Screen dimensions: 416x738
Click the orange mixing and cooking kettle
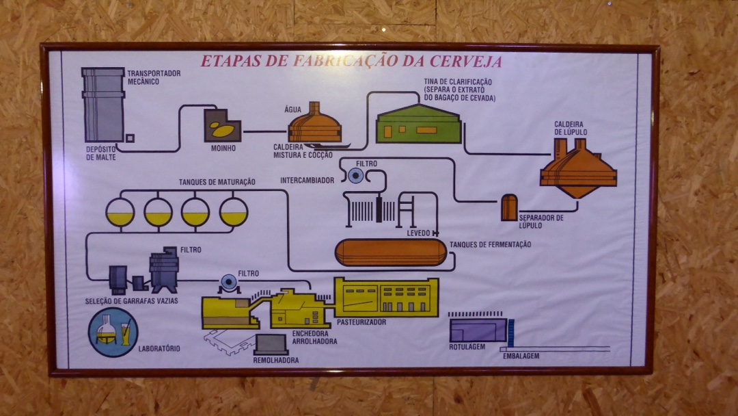tap(315, 126)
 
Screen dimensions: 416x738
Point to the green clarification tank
tap(418, 125)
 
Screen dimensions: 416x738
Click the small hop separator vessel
tap(509, 207)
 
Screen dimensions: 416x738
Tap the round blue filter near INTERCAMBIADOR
tap(355, 177)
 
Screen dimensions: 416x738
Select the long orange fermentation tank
tap(390, 252)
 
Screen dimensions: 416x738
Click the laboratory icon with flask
tap(113, 332)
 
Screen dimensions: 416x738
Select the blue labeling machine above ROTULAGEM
tap(478, 330)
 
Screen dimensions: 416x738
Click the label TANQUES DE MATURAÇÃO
tap(217, 182)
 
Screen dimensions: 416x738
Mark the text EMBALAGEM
tap(521, 356)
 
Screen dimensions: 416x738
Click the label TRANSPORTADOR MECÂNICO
tap(153, 77)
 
